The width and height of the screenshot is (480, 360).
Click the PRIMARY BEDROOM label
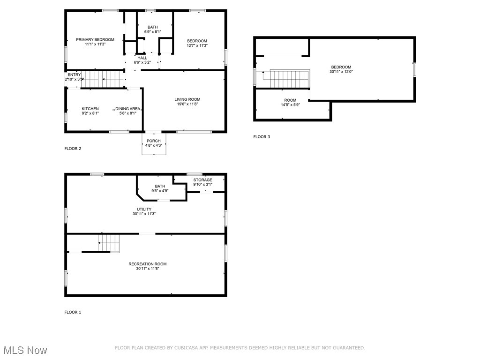tap(95, 39)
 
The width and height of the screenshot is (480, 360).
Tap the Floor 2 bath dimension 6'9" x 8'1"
tap(153, 32)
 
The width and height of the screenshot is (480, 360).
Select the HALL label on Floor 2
tap(142, 58)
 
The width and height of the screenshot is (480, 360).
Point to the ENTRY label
tap(74, 75)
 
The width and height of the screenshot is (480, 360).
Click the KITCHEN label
tap(90, 109)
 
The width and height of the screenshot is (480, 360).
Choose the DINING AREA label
tap(128, 109)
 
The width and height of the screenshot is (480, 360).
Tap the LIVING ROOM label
tap(187, 99)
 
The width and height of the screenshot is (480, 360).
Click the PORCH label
tap(153, 141)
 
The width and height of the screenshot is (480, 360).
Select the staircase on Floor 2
tap(104, 79)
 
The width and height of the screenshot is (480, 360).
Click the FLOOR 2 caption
tap(73, 149)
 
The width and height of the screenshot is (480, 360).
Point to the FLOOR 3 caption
tap(262, 137)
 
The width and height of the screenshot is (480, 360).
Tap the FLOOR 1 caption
tap(73, 312)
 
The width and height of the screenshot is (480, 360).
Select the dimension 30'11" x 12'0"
tap(341, 72)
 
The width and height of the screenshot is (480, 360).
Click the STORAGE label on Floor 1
tap(202, 180)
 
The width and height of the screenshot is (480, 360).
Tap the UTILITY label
tap(144, 209)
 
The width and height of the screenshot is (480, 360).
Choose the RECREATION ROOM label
tap(148, 264)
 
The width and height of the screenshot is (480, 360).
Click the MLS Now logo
tap(24, 350)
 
